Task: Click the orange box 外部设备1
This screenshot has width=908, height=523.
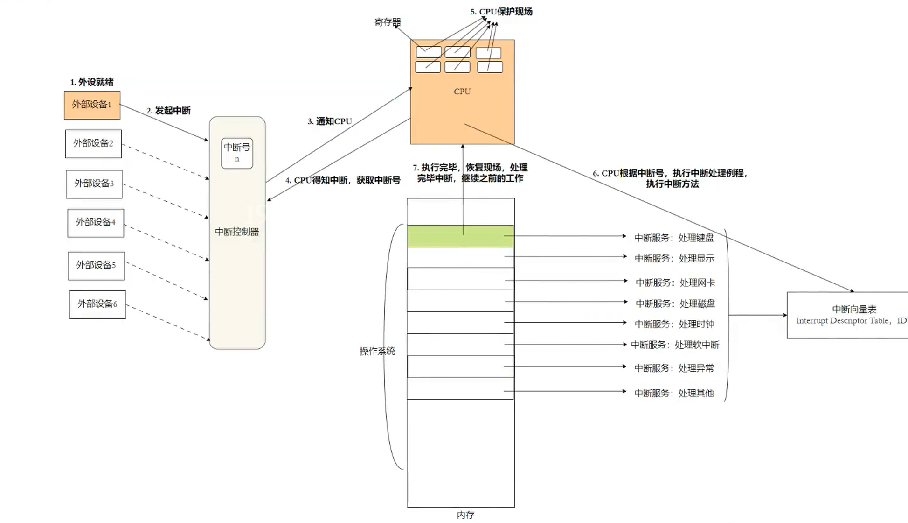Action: click(x=92, y=105)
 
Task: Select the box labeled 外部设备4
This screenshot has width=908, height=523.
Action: click(x=96, y=223)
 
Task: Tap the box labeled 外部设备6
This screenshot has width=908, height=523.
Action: click(x=97, y=304)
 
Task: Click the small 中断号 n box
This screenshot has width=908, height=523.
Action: click(x=237, y=153)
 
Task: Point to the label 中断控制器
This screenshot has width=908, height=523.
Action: click(x=237, y=232)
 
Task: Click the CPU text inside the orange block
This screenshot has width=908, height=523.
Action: click(x=462, y=92)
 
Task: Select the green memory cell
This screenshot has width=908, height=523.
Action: click(x=460, y=236)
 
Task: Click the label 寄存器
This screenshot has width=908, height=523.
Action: click(x=387, y=22)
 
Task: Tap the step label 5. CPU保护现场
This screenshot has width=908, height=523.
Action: click(x=501, y=12)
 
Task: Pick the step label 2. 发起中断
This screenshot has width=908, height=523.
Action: click(x=168, y=111)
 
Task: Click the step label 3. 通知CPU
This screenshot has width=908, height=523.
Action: click(x=330, y=121)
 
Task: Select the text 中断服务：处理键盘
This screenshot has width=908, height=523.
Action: click(x=674, y=238)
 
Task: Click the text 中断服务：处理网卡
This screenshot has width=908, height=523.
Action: click(x=675, y=283)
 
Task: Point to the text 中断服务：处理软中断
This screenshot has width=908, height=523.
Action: click(x=675, y=345)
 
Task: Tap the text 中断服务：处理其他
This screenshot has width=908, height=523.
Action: click(x=674, y=393)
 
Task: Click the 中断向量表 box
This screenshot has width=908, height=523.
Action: click(x=847, y=315)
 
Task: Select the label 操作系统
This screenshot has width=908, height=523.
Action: click(x=377, y=351)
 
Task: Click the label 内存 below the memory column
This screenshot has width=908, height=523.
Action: click(x=465, y=515)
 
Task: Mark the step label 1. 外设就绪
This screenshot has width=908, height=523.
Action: click(x=92, y=82)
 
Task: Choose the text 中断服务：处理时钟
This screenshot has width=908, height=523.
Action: click(x=674, y=324)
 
